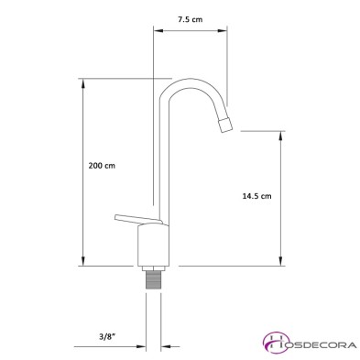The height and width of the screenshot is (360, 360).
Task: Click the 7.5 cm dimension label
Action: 190,16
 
